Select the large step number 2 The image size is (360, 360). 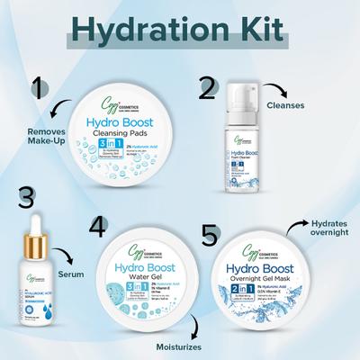208,89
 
